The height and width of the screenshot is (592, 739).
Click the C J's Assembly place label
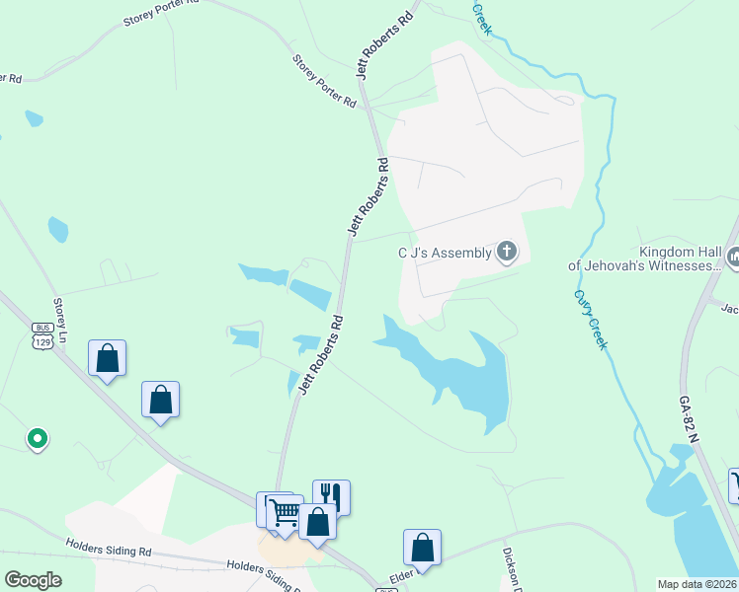click(x=444, y=253)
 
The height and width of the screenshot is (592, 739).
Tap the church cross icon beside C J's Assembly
click(x=506, y=253)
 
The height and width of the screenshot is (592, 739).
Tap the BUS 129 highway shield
click(x=41, y=334)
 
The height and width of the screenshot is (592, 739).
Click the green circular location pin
click(x=37, y=437)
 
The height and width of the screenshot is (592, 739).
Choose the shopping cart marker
click(x=284, y=511)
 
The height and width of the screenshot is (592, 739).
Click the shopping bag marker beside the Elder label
click(x=422, y=547)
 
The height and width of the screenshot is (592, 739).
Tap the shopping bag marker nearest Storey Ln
click(x=107, y=358)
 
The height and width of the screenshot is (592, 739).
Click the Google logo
click(x=33, y=580)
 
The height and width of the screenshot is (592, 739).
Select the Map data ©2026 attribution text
click(x=698, y=584)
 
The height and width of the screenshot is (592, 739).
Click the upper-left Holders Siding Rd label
click(x=109, y=546)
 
